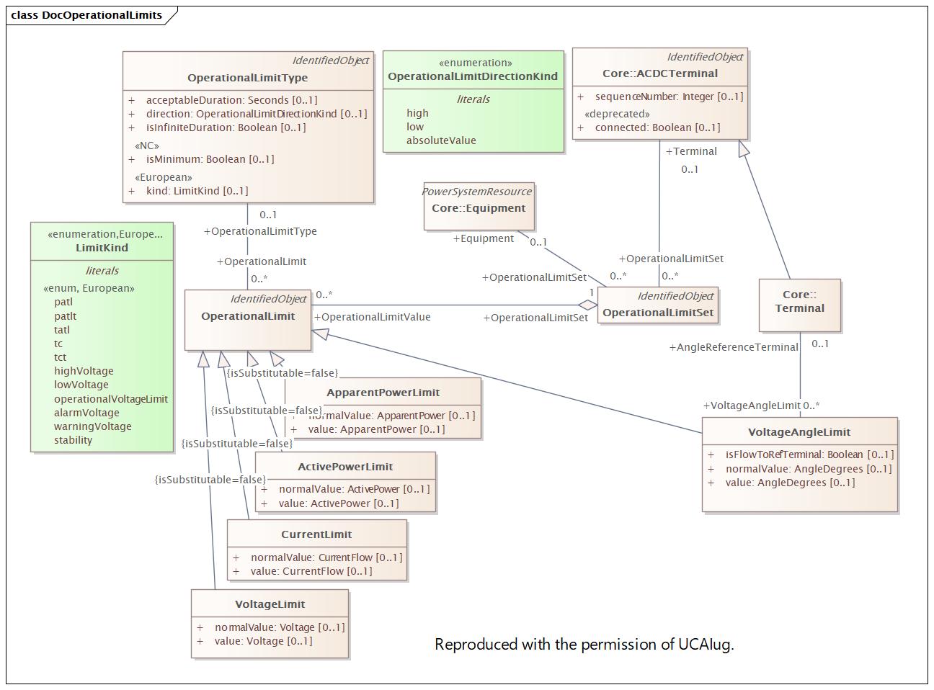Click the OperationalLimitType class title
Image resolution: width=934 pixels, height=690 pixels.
pyautogui.click(x=247, y=78)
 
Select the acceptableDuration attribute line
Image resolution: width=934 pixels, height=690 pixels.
pyautogui.click(x=231, y=100)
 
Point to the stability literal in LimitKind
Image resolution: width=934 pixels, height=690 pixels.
pyautogui.click(x=73, y=440)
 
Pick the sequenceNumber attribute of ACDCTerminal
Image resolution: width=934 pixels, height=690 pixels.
pyautogui.click(x=668, y=97)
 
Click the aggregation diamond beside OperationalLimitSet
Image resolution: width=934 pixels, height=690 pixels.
pyautogui.click(x=588, y=305)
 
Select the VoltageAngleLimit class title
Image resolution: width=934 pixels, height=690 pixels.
pyautogui.click(x=799, y=432)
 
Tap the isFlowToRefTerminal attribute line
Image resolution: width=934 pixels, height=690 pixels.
pyautogui.click(x=809, y=454)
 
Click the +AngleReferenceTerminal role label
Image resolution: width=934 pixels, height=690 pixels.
pyautogui.click(x=733, y=347)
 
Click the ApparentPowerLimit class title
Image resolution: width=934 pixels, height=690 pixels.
pyautogui.click(x=383, y=393)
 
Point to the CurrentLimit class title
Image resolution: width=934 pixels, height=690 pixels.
pyautogui.click(x=316, y=534)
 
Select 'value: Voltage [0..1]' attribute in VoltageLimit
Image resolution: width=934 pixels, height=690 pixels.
pyautogui.click(x=263, y=641)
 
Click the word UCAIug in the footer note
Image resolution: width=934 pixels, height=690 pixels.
pyautogui.click(x=706, y=644)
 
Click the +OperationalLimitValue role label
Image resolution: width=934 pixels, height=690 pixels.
pyautogui.click(x=372, y=317)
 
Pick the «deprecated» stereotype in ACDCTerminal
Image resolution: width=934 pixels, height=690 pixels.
pyautogui.click(x=617, y=114)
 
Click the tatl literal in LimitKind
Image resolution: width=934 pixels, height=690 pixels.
pyautogui.click(x=62, y=330)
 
